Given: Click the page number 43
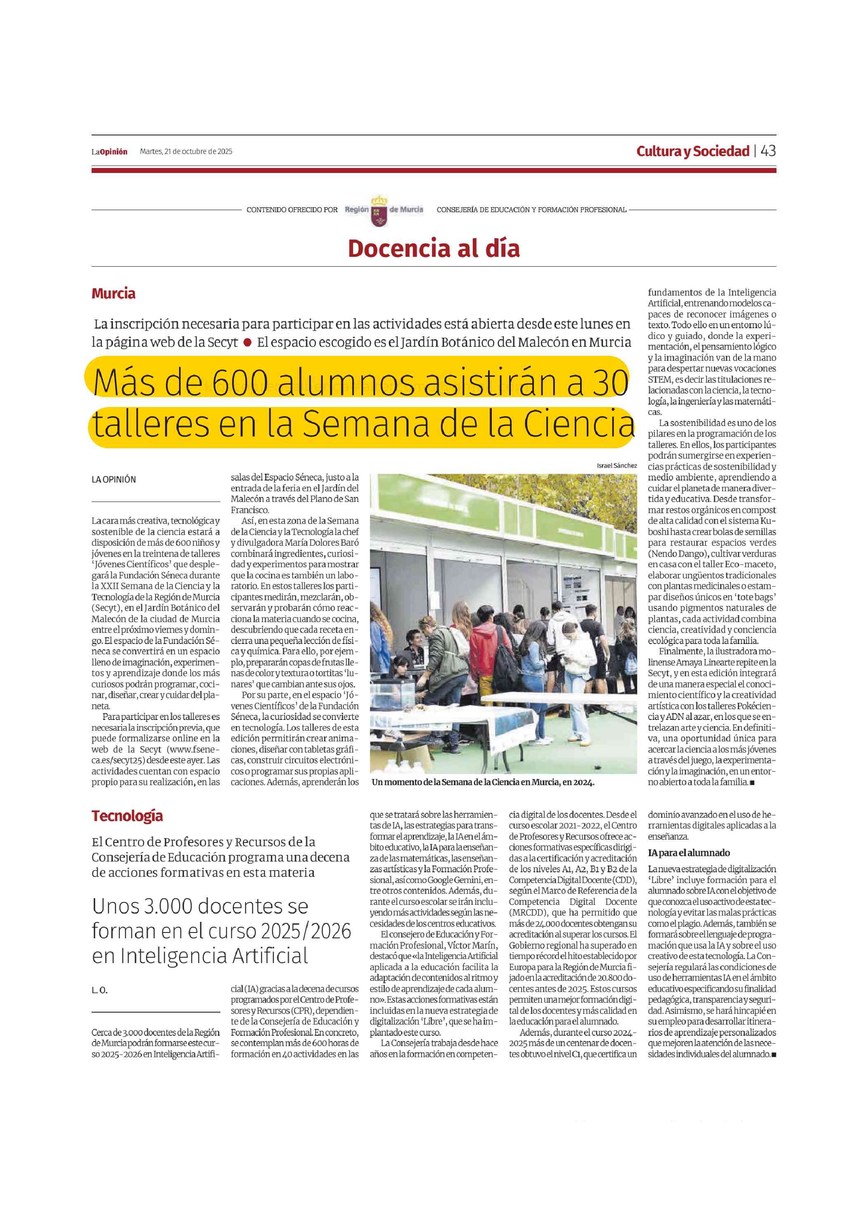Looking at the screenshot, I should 768,151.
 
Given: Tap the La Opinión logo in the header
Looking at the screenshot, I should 109,151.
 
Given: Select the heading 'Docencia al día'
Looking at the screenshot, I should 434,249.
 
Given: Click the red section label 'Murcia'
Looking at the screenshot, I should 113,293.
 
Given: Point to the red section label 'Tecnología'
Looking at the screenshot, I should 127,816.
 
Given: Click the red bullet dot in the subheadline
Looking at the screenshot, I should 248,342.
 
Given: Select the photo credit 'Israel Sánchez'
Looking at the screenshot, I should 616,466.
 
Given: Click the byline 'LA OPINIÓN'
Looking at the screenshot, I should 113,480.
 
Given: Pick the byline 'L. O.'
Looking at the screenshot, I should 99,990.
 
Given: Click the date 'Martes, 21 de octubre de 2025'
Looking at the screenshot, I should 186,151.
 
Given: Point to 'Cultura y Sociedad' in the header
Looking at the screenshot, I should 693,151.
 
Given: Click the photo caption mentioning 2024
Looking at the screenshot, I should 483,782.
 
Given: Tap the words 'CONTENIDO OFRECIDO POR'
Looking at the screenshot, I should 292,210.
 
